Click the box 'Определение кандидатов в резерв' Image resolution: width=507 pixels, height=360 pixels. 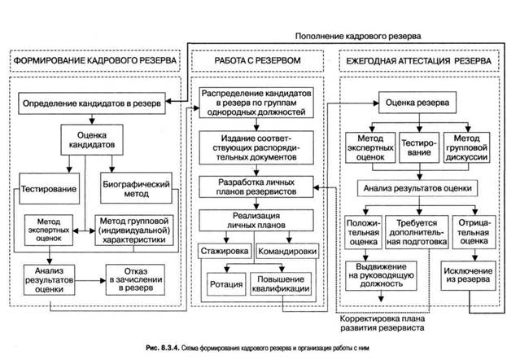click(x=92, y=103)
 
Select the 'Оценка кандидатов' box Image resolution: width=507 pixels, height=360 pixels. click(x=92, y=140)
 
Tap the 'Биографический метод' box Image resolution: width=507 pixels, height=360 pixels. click(x=136, y=188)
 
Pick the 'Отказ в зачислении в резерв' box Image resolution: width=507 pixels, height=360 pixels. click(x=135, y=279)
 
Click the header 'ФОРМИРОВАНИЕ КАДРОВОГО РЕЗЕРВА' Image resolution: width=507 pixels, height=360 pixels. click(x=94, y=60)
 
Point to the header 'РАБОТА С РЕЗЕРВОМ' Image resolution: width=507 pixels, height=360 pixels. click(x=257, y=60)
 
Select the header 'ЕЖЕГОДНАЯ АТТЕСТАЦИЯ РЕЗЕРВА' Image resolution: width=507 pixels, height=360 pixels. click(x=419, y=60)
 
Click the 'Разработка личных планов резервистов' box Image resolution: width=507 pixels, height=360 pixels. click(x=256, y=187)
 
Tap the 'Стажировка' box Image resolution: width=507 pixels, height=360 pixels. click(x=225, y=251)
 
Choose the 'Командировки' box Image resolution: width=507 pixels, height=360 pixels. click(x=287, y=251)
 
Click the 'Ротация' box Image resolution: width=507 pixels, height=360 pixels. click(x=226, y=284)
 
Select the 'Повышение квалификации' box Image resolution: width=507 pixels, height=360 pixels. click(x=281, y=284)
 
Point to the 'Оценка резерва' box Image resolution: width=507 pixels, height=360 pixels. click(x=417, y=103)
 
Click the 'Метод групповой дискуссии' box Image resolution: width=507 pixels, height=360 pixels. click(x=466, y=147)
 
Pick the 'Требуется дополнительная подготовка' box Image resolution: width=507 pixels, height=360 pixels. click(x=417, y=232)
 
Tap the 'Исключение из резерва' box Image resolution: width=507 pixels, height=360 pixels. click(x=468, y=275)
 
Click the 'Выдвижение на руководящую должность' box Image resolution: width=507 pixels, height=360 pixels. click(x=381, y=275)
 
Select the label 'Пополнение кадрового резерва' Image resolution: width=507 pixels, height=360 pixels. click(x=358, y=36)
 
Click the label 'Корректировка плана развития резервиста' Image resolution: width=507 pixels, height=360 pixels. click(x=382, y=323)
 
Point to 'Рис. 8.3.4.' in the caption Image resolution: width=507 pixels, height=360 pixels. click(x=162, y=348)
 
